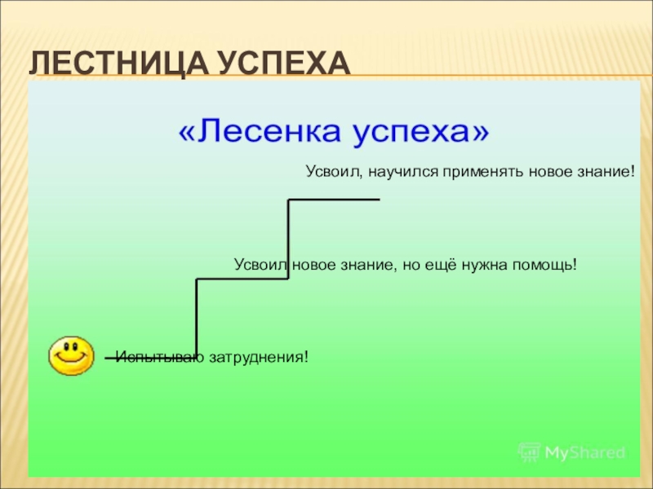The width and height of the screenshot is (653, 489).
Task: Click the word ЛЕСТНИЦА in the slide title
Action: coord(108,64)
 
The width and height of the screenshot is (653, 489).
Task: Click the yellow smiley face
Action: coord(72,355)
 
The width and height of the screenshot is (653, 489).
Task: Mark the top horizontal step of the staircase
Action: coord(335,200)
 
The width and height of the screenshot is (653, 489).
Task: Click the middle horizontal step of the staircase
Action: coord(242,280)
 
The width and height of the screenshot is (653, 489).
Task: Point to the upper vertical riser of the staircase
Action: coord(289,239)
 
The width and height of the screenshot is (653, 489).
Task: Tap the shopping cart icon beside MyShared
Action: coord(529,452)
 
